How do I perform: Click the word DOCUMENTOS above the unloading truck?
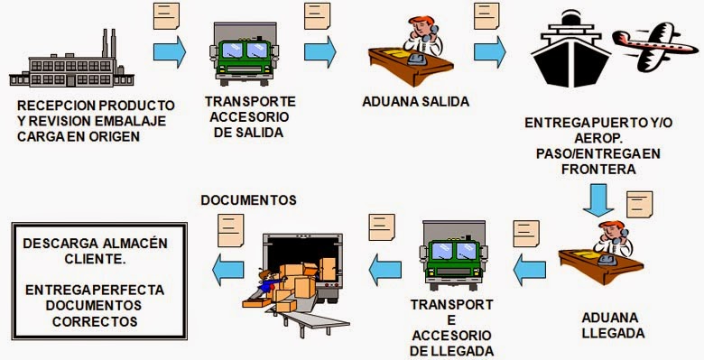tap(247, 199)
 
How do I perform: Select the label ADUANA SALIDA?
tap(414, 101)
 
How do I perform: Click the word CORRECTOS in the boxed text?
tap(95, 320)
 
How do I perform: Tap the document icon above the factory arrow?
tap(166, 15)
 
